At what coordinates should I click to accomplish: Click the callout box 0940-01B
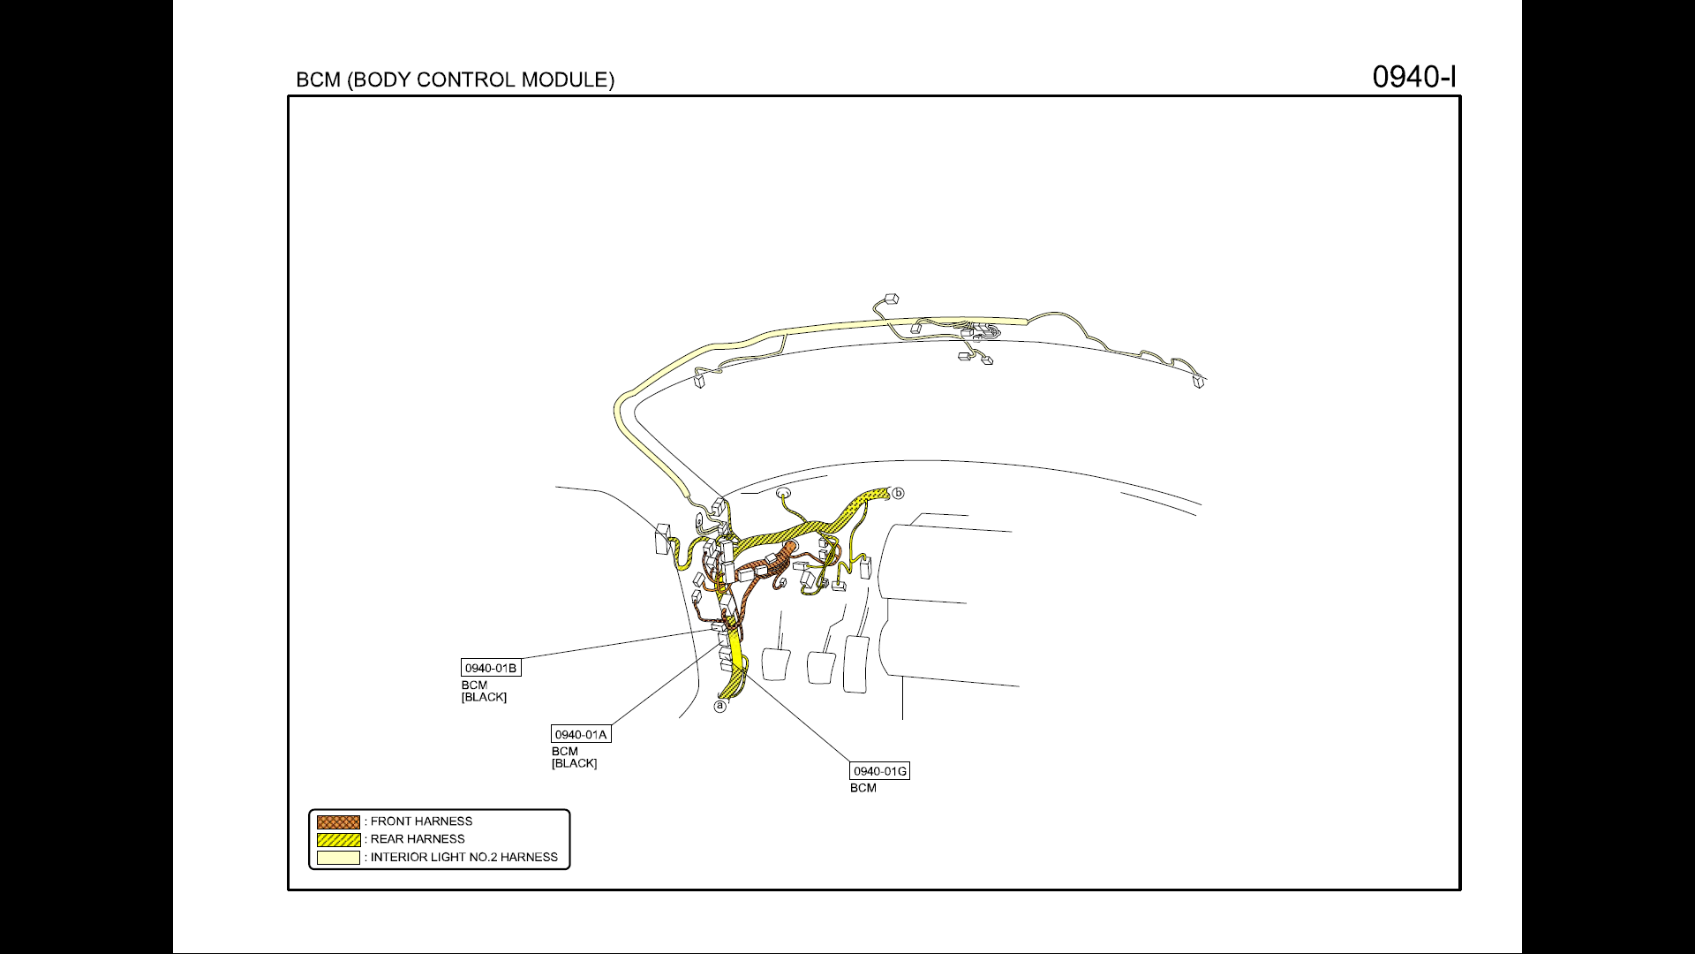491,668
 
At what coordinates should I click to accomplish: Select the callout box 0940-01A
581,734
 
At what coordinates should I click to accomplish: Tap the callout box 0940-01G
879,770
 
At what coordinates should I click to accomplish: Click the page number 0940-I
1413,77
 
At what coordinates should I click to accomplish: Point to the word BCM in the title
318,79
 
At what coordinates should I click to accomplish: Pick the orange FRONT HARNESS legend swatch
339,821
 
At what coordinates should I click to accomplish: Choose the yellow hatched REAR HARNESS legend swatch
339,839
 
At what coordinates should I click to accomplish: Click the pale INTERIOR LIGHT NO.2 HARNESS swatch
339,857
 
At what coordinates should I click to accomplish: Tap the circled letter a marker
720,706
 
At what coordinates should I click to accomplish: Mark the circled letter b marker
898,493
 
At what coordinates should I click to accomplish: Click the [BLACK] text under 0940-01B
484,697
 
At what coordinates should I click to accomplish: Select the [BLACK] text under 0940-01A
574,763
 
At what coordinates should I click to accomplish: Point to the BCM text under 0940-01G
863,788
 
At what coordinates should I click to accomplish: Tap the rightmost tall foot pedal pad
856,663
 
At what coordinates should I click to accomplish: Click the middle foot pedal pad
821,667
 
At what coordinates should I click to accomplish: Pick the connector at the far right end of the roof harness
1199,381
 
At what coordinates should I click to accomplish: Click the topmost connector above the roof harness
890,299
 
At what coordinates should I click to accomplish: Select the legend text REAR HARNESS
418,839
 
